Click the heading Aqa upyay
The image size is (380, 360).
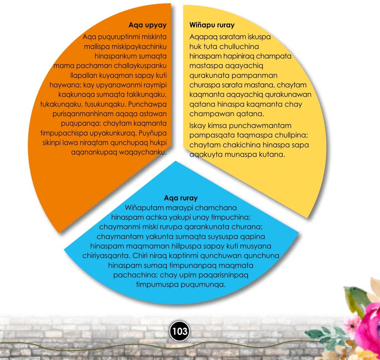click(148, 25)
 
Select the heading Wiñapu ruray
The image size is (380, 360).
click(212, 25)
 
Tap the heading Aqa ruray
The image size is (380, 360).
click(181, 198)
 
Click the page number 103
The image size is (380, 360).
click(179, 331)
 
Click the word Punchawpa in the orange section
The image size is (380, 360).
click(147, 104)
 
